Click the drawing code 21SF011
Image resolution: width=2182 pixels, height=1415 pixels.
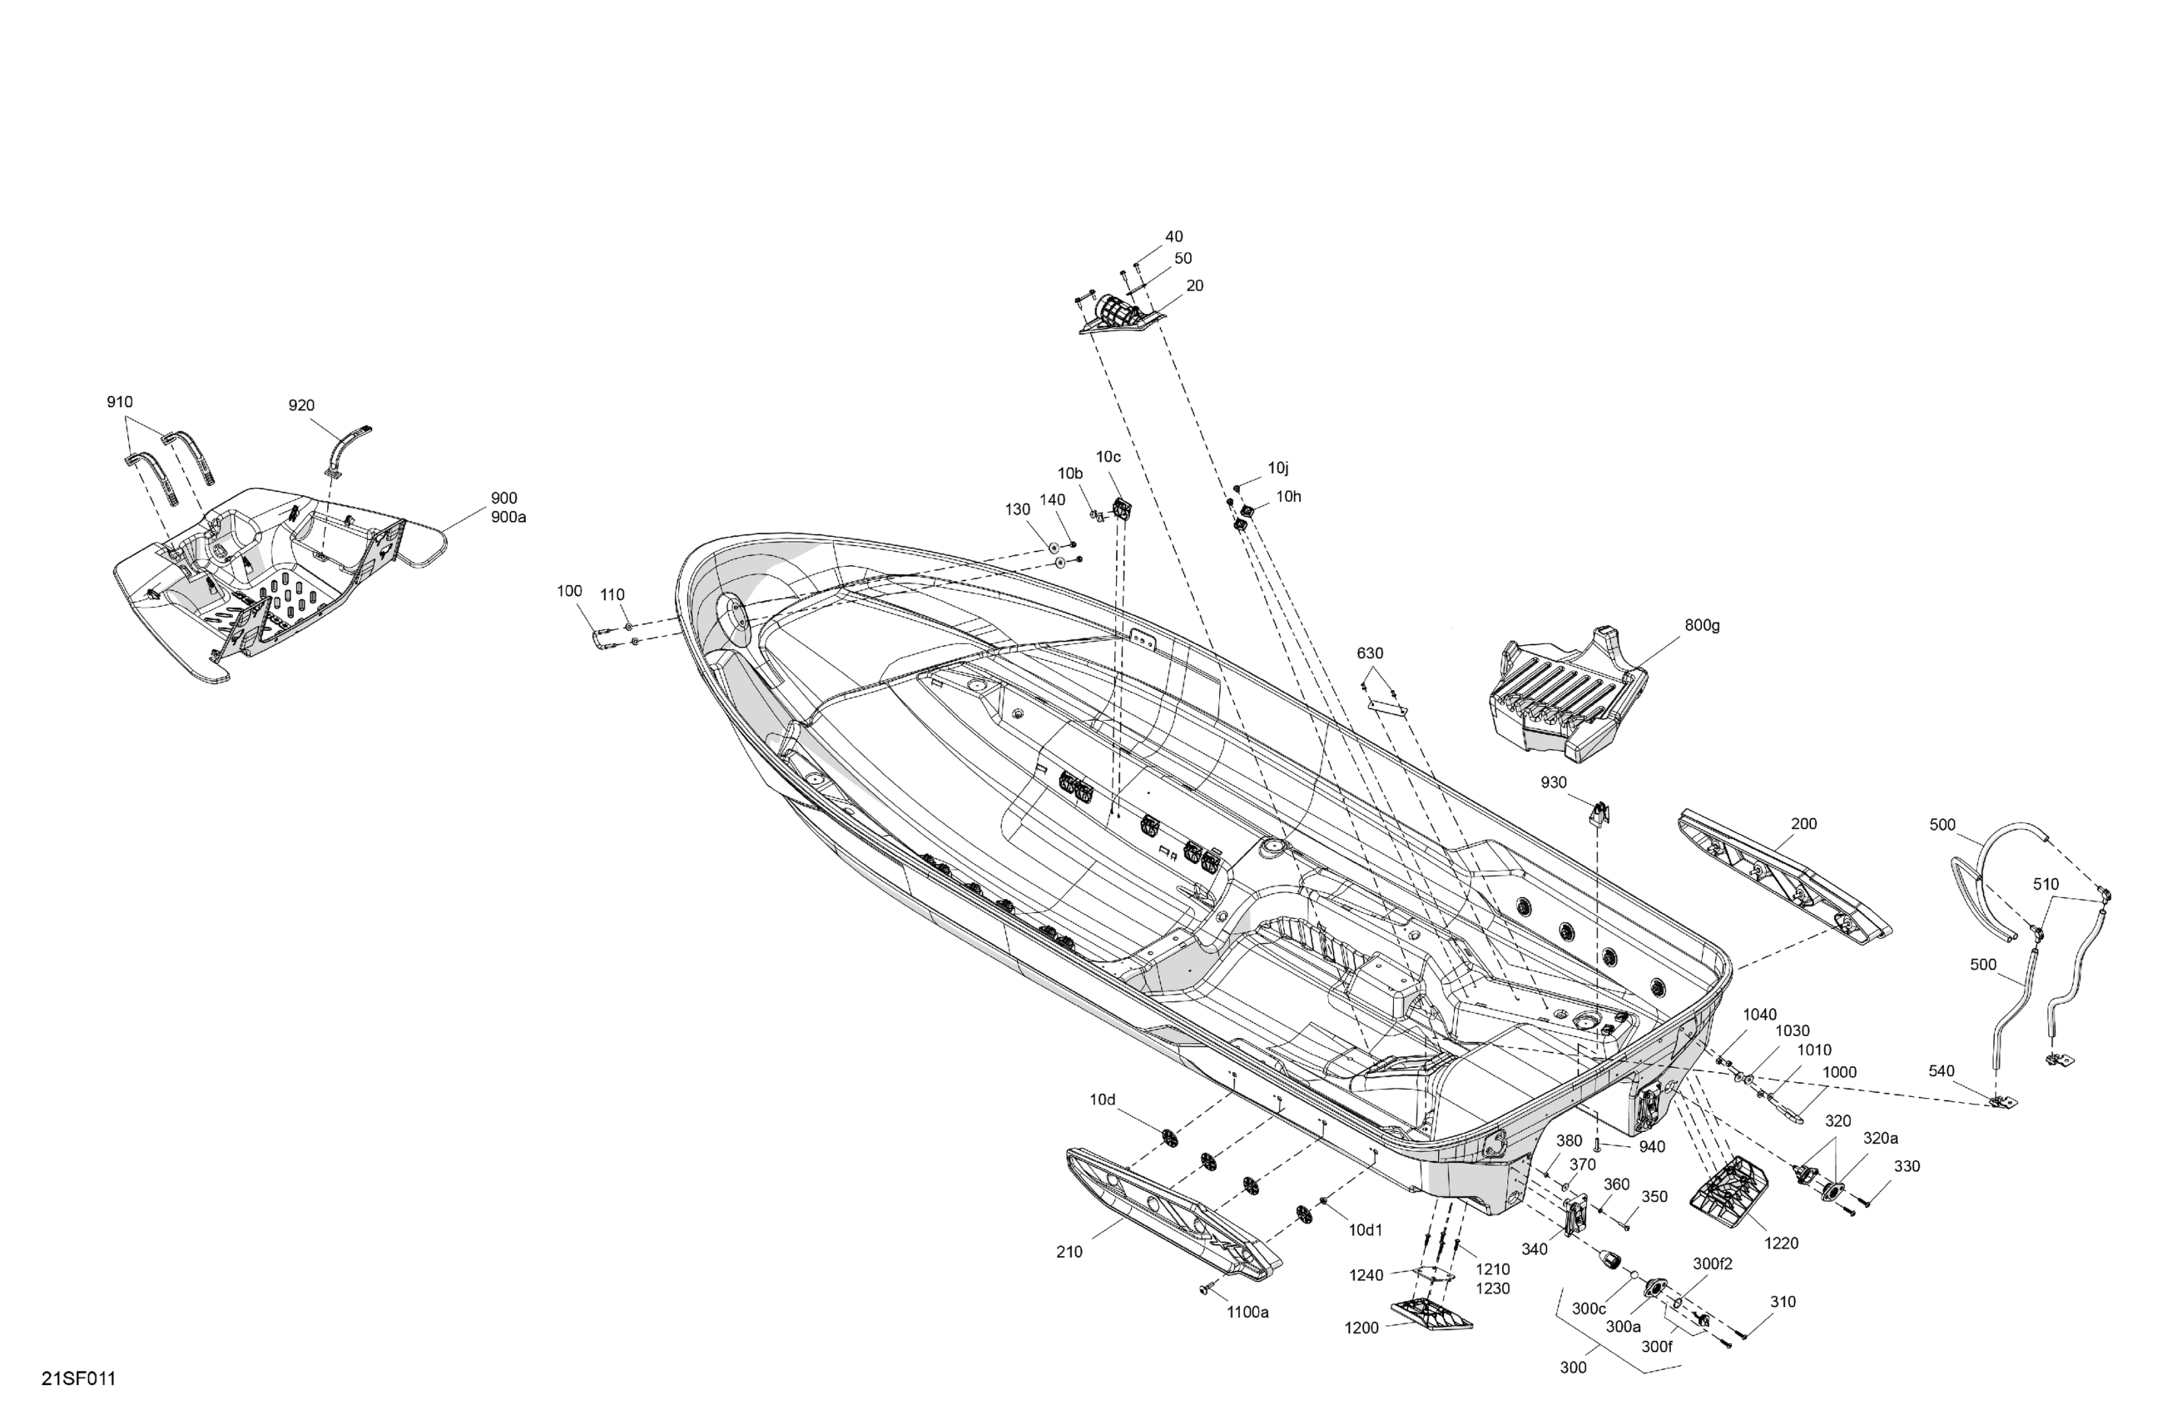[x=79, y=1379]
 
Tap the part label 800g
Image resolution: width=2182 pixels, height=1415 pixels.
[x=1702, y=625]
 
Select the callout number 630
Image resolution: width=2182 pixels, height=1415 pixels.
[x=1370, y=654]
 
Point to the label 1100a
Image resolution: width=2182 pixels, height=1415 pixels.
[x=1247, y=1313]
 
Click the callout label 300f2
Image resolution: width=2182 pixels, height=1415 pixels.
[x=1713, y=1264]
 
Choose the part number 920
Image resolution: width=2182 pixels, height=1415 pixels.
[x=301, y=405]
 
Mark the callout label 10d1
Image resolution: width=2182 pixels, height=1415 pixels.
[x=1365, y=1229]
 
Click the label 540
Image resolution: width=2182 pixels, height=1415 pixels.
[x=1941, y=1071]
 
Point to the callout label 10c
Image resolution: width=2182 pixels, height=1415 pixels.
[x=1108, y=457]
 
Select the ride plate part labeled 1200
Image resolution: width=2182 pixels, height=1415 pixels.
[x=1431, y=1314]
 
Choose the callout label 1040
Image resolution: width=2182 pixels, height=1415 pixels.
[x=1759, y=1015]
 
